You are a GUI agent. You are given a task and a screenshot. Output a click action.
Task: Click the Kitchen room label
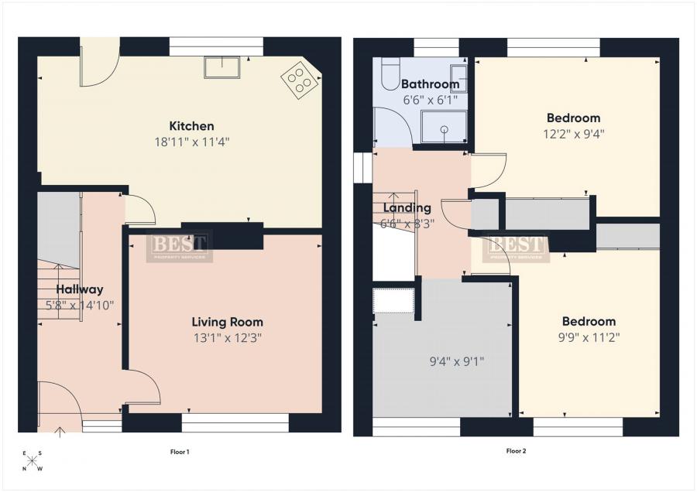coord(191,126)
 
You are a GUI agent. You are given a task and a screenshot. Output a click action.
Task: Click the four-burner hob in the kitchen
coord(299,79)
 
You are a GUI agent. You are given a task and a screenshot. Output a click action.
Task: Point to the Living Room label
coord(228,322)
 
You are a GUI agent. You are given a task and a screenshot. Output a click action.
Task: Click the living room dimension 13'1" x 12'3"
coord(228,337)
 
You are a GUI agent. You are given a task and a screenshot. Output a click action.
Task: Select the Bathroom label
coord(430,84)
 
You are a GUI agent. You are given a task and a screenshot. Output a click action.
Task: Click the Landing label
coord(407,208)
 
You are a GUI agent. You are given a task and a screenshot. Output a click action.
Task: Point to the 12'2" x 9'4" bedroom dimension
coord(573,133)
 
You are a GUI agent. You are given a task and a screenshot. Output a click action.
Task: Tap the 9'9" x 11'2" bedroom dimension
coord(589,337)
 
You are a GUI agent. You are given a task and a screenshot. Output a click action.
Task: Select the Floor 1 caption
coord(180,451)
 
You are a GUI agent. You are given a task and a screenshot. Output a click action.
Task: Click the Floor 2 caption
coord(516,451)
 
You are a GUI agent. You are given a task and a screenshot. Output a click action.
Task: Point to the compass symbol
coord(33,461)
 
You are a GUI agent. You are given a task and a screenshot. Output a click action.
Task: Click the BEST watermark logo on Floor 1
coord(180,247)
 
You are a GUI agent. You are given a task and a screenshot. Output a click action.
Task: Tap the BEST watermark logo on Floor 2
coord(516,248)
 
